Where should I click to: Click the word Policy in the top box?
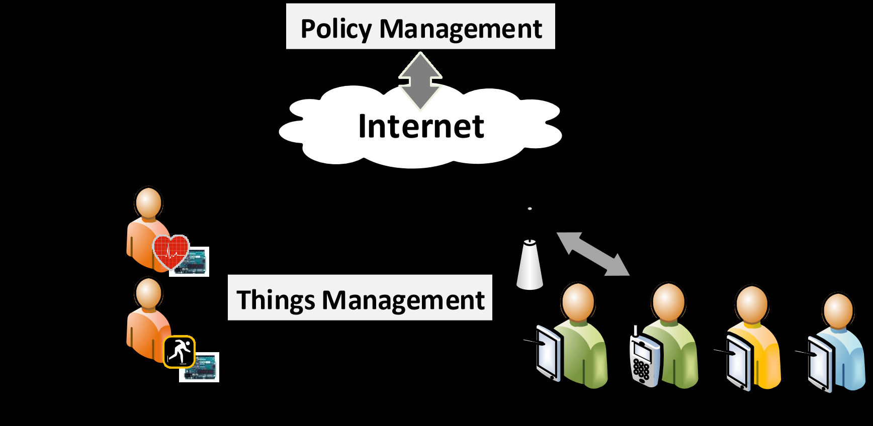click(335, 29)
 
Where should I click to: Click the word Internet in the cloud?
click(421, 126)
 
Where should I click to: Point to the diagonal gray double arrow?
click(593, 254)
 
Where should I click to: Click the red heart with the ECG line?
click(170, 251)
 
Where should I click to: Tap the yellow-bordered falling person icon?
click(179, 352)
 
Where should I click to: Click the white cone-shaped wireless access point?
click(530, 265)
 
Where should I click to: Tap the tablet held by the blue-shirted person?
click(820, 364)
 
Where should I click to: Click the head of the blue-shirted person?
click(838, 310)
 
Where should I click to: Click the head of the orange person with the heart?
click(148, 202)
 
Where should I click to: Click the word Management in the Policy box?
click(461, 29)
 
